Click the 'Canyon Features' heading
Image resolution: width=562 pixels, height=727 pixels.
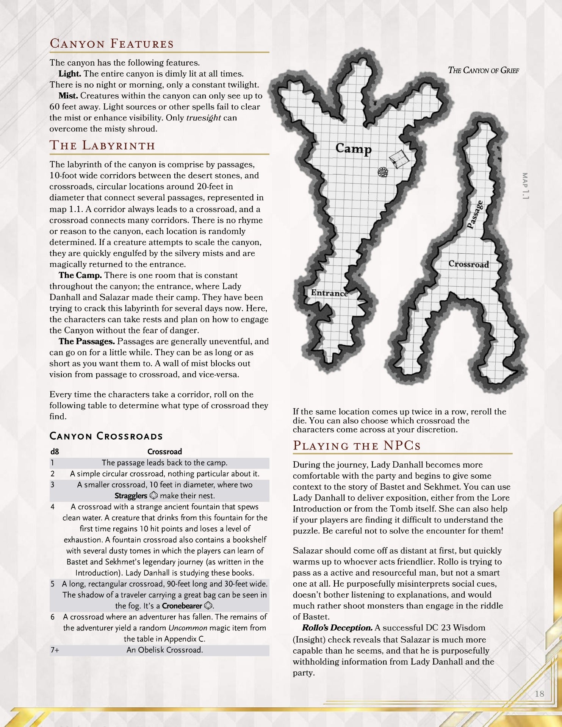[x=112, y=44]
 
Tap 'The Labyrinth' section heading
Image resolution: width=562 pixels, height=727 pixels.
[x=102, y=146]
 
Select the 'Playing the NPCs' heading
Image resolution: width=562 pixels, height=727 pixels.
[x=357, y=445]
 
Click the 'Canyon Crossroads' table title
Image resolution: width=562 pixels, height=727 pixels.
[x=106, y=436]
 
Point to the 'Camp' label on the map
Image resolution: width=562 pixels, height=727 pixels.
[x=353, y=148]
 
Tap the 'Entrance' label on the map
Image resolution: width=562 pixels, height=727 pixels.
[x=329, y=293]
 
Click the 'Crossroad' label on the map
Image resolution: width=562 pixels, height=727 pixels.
[x=468, y=264]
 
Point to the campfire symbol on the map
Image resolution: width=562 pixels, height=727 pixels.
[x=384, y=172]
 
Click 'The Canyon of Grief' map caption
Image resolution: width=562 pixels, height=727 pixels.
[x=483, y=70]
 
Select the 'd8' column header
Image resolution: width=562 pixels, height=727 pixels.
[x=55, y=451]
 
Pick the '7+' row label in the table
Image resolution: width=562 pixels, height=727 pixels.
[x=55, y=650]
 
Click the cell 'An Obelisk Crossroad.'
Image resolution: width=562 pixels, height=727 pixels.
[x=164, y=650]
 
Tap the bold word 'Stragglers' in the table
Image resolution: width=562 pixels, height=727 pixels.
[x=131, y=496]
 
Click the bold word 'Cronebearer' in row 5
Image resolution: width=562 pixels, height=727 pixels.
[x=182, y=605]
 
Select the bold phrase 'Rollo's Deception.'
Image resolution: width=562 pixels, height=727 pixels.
[x=337, y=628]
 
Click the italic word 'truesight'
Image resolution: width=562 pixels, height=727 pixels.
[x=204, y=118]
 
